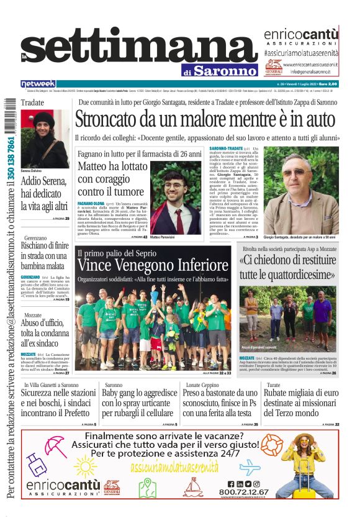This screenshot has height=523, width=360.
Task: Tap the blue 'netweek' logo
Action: click(x=38, y=84)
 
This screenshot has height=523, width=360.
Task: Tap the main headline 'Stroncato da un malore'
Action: click(x=205, y=119)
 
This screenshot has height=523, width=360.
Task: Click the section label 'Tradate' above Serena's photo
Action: click(x=32, y=102)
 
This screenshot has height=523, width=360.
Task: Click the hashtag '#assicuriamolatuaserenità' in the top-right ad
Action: click(x=300, y=54)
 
